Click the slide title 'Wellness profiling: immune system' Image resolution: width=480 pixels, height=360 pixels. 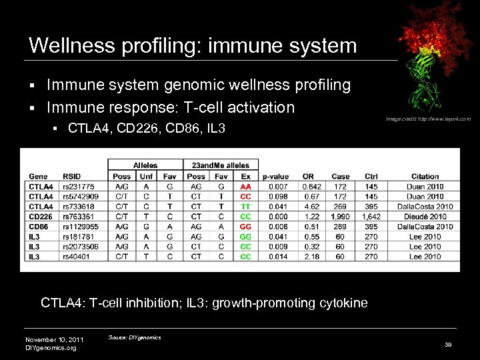[x=193, y=46]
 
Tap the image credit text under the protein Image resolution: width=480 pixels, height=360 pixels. [x=428, y=119]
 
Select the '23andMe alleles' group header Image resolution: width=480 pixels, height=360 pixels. [x=220, y=165]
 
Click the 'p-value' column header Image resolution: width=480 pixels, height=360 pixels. [x=275, y=176]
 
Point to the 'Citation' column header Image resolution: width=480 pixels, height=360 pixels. [x=425, y=176]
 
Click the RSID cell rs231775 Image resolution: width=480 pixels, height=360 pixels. [x=79, y=187]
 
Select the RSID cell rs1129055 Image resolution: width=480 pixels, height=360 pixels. [x=81, y=227]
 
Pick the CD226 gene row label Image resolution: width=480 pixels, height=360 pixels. [x=41, y=217]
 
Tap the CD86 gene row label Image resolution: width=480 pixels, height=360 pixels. [x=38, y=227]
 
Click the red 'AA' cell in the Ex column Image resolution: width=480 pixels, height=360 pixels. [x=245, y=187]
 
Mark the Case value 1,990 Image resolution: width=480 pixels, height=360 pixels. [x=340, y=217]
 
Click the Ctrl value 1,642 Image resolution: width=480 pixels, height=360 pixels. [x=371, y=217]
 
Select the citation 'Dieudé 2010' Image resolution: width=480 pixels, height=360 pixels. [x=425, y=217]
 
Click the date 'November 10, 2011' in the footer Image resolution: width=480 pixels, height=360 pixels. [x=53, y=339]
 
